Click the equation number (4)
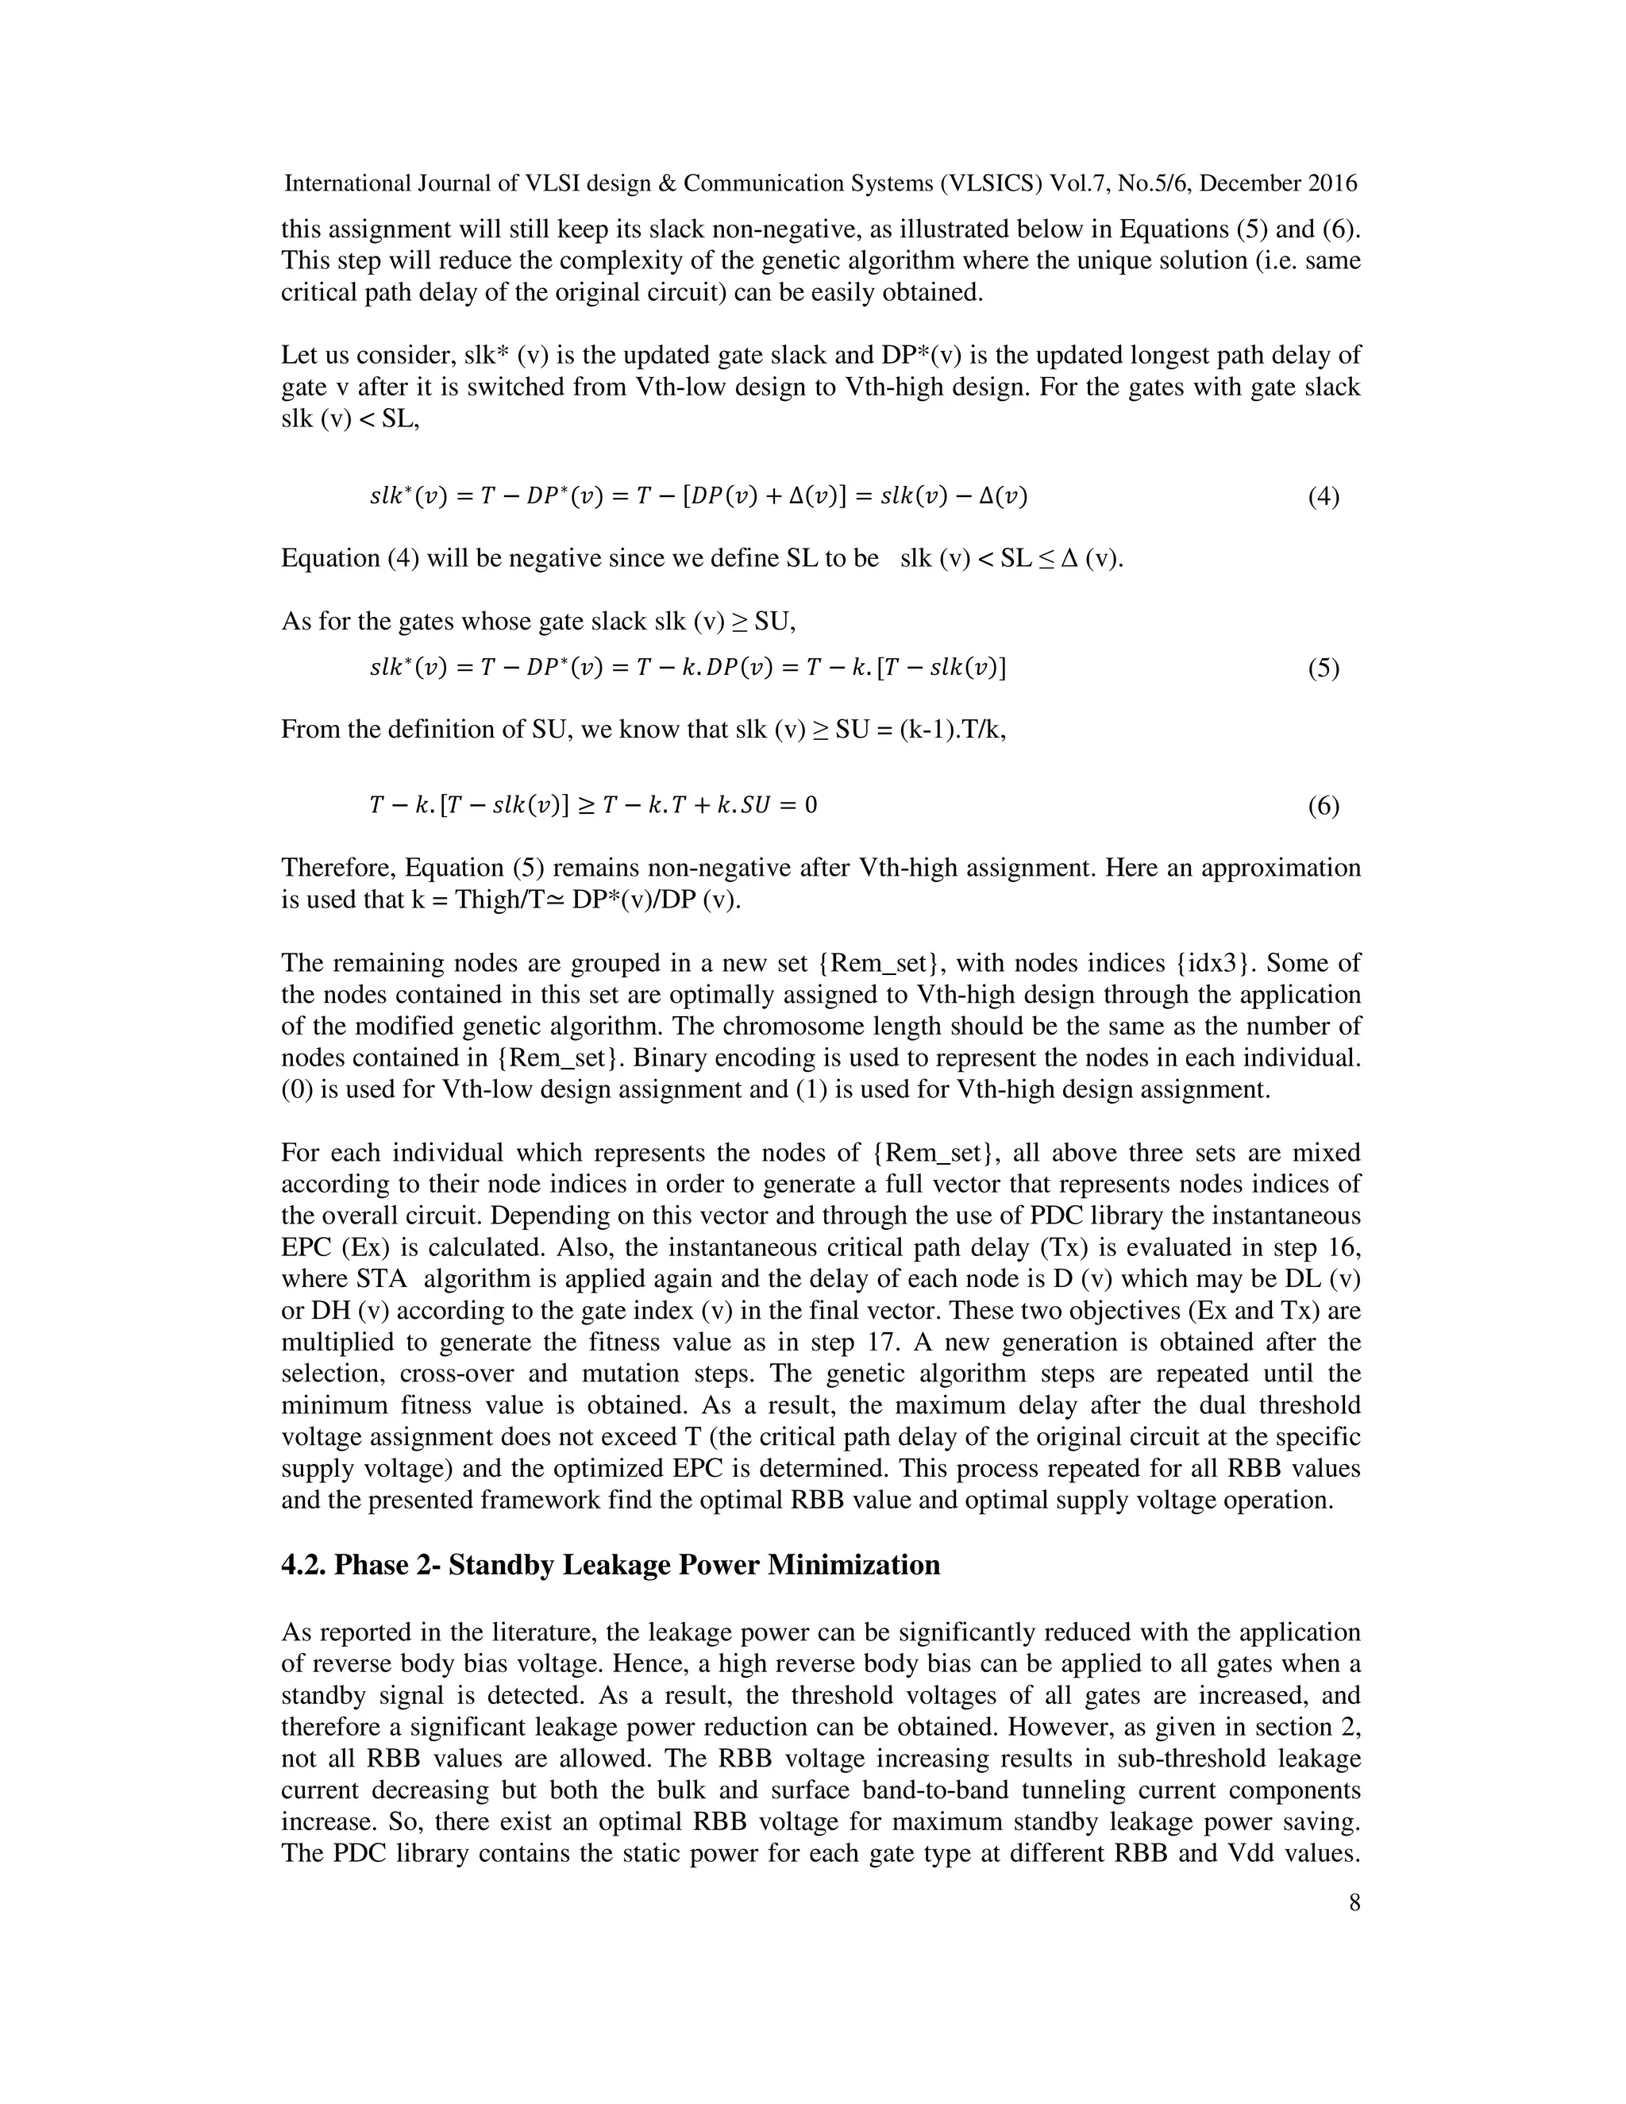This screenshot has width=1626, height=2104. point(1323,497)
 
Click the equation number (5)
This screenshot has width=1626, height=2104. point(1323,669)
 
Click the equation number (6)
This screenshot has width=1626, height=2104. point(1323,805)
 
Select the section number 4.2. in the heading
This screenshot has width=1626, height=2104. point(303,1566)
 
